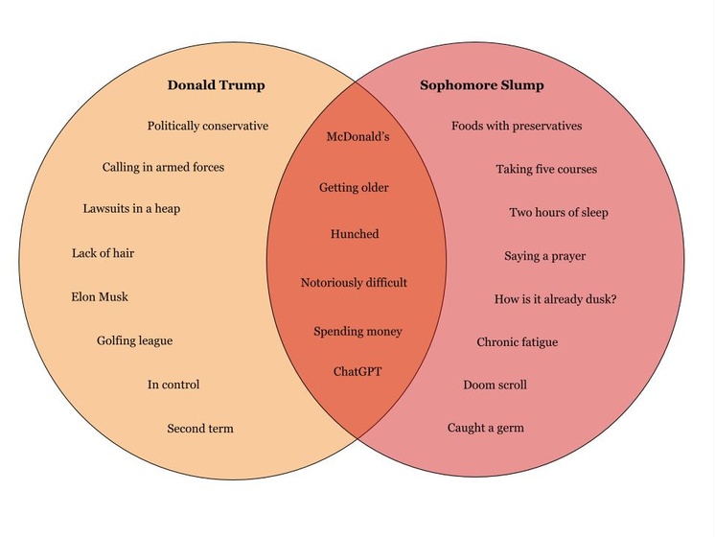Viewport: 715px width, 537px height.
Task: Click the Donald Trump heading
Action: click(x=216, y=85)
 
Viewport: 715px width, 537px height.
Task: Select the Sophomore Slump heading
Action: click(x=481, y=85)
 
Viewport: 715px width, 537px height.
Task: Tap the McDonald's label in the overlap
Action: click(x=357, y=137)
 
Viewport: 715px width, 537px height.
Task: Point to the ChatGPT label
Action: click(x=357, y=371)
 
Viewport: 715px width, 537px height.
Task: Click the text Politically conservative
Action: click(x=208, y=126)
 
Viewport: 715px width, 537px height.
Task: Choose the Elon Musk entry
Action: click(x=100, y=296)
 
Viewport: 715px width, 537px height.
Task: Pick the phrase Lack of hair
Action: click(x=102, y=253)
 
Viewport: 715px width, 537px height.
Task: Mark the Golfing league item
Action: click(x=134, y=340)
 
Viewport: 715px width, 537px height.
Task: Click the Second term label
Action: click(x=200, y=428)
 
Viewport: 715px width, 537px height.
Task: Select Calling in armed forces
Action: click(x=163, y=167)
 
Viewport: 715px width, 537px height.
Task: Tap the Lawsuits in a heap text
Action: click(x=131, y=208)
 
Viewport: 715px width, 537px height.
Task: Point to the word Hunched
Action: click(x=355, y=234)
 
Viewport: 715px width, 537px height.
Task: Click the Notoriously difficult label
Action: click(x=354, y=283)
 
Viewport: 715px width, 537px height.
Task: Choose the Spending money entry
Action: click(x=357, y=332)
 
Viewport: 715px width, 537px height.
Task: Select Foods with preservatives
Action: click(x=517, y=126)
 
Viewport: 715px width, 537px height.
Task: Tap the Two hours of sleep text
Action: click(x=558, y=212)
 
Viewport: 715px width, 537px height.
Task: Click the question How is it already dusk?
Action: click(x=555, y=299)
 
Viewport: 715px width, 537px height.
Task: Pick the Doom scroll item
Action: click(x=495, y=385)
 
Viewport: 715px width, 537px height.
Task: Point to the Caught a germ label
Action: click(x=485, y=428)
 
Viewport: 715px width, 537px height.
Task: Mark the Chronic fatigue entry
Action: click(x=517, y=342)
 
